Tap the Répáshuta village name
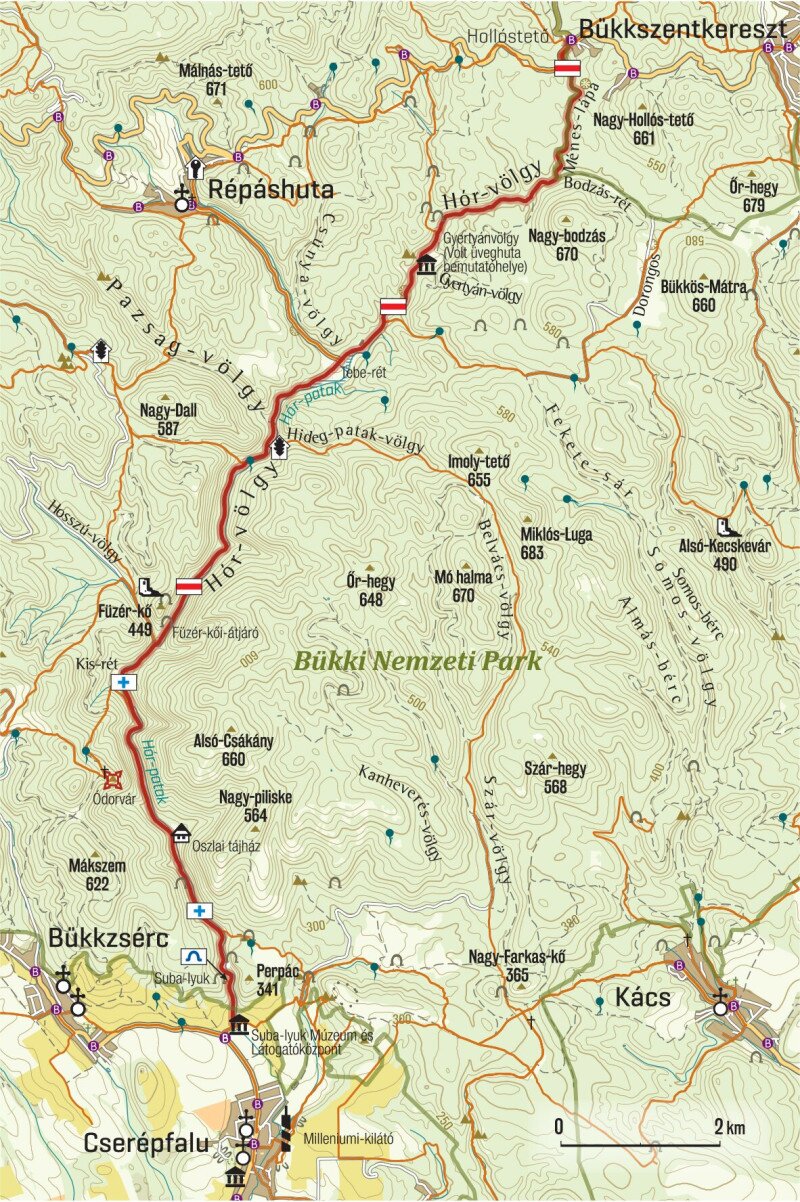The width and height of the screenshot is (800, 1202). pos(270,190)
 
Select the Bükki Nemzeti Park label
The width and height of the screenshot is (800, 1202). pos(418,661)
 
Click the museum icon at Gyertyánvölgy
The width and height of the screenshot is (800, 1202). pos(428,266)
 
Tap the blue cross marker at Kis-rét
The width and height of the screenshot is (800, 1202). pos(124,682)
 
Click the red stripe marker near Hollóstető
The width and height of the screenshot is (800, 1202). pos(567,67)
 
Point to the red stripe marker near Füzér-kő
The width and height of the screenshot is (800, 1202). pos(189,586)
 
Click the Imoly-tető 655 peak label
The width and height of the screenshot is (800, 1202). pos(478,471)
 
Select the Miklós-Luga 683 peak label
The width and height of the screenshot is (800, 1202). pos(557,543)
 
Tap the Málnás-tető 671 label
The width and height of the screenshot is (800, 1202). pos(216,79)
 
